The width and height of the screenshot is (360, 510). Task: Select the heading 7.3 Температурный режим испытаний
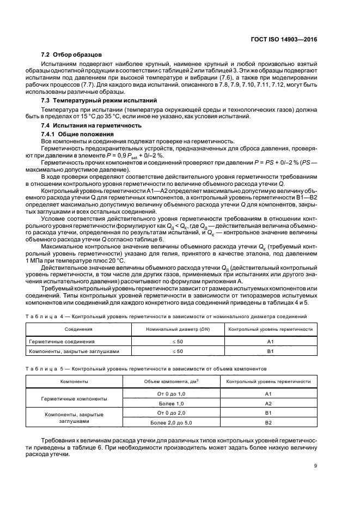[x=92, y=101]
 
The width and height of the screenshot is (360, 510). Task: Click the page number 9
[x=316, y=465]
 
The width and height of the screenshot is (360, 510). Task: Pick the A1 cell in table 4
[x=270, y=341]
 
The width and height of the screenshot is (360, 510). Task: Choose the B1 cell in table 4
[x=270, y=351]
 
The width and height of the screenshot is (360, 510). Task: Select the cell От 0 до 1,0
[x=171, y=393]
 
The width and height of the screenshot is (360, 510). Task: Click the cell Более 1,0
[x=171, y=403]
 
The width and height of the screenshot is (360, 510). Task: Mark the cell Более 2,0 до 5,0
[x=171, y=423]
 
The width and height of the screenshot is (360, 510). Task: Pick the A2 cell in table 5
[x=268, y=403]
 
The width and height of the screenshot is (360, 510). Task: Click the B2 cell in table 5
[x=268, y=423]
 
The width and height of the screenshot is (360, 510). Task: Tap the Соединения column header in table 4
[x=78, y=330]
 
